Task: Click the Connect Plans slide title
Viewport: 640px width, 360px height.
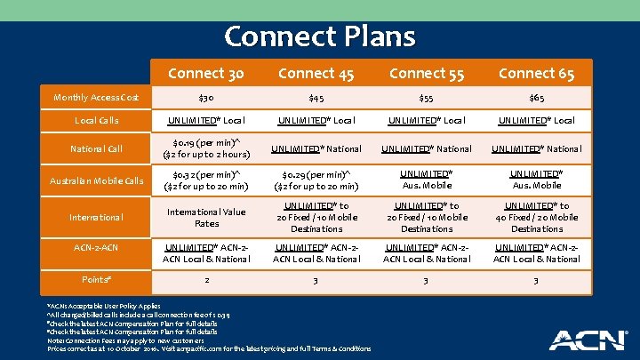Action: (320, 36)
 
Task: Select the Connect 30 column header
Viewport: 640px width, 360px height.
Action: (206, 73)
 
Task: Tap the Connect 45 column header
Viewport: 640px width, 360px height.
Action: (316, 73)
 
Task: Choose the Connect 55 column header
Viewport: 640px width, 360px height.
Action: (427, 73)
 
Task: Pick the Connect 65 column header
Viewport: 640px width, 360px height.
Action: (537, 73)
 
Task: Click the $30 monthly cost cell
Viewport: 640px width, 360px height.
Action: (206, 96)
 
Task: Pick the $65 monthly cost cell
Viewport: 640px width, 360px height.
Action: (537, 96)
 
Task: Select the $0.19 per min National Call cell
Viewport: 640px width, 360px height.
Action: (206, 149)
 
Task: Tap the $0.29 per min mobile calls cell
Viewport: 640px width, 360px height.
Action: (316, 181)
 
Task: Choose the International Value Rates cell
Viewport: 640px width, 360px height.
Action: (206, 217)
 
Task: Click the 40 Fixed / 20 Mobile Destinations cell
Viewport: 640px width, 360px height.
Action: (537, 217)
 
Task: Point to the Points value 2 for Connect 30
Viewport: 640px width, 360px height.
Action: (206, 279)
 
